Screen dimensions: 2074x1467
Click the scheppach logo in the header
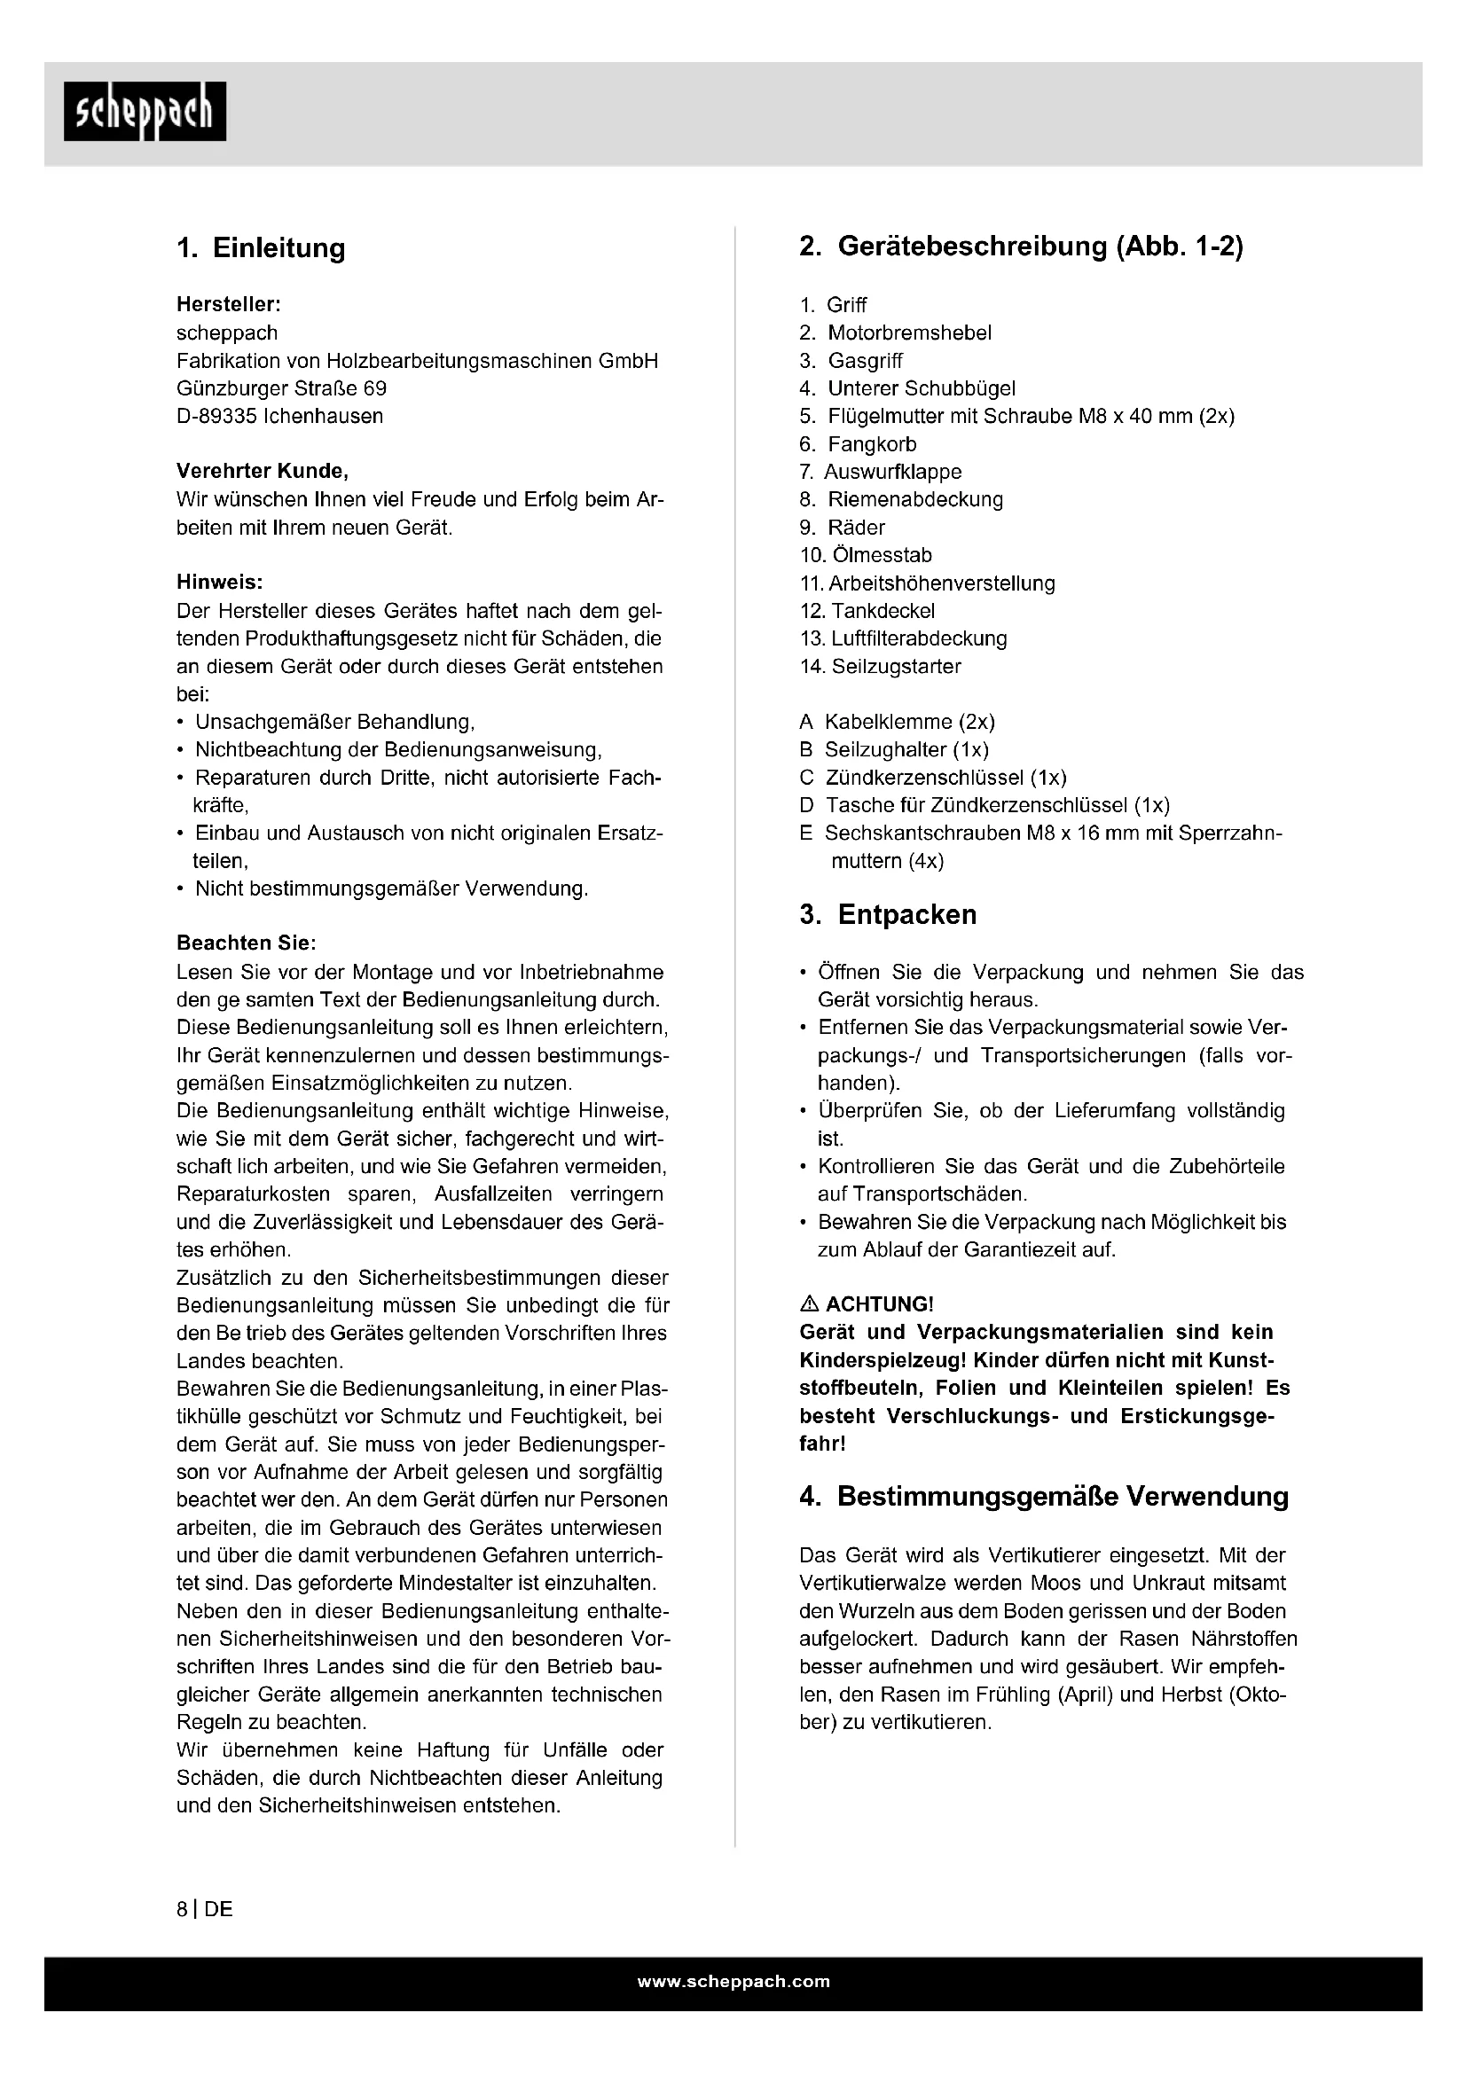[145, 112]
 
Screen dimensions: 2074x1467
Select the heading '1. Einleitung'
[261, 248]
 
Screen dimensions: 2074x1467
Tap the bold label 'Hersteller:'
[229, 305]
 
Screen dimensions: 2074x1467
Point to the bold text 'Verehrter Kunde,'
[262, 472]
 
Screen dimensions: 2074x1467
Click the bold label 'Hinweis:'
[219, 583]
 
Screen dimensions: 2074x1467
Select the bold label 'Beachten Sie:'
[246, 943]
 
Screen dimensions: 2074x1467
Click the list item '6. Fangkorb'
[859, 444]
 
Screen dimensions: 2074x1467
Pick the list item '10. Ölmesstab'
[866, 556]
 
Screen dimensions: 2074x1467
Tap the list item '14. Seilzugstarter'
[880, 667]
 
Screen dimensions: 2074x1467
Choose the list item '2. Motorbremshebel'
[895, 333]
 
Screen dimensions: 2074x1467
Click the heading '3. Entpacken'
[888, 915]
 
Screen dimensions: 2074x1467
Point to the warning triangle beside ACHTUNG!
[810, 1304]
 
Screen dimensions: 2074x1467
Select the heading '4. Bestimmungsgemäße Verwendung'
[1043, 1497]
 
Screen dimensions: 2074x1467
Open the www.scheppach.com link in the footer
[733, 1982]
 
